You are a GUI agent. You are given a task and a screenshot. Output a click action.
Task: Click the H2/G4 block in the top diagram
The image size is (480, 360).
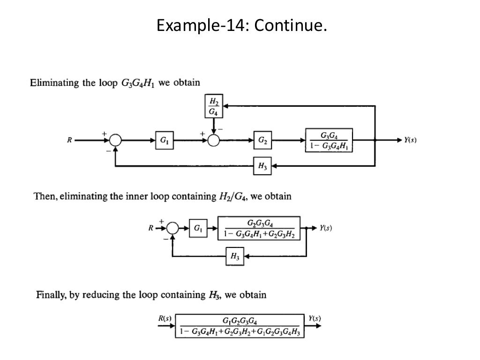(x=214, y=106)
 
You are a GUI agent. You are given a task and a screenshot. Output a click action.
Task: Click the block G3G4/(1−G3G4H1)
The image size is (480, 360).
(x=329, y=140)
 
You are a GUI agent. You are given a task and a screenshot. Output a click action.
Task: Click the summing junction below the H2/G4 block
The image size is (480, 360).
(x=214, y=140)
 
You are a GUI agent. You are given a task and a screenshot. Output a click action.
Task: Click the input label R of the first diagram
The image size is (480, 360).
(x=69, y=140)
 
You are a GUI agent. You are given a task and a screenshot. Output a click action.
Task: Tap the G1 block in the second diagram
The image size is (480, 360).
(x=198, y=229)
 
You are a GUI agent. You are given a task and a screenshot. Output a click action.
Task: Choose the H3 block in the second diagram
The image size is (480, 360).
(x=234, y=256)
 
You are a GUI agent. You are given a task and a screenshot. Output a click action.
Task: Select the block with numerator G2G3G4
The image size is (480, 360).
(x=259, y=229)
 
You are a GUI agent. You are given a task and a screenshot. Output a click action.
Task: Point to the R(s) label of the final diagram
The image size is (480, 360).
(x=165, y=318)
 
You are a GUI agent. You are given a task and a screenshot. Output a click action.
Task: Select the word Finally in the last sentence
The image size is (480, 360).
(x=52, y=295)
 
